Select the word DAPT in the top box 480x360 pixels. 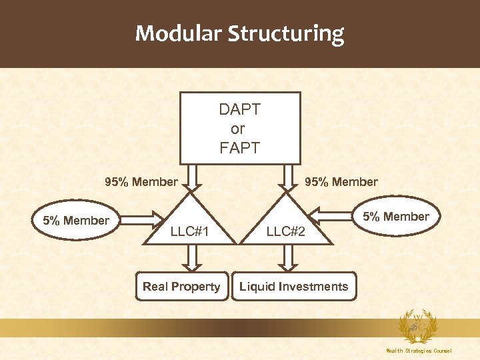pos(239,109)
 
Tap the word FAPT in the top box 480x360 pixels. pos(239,147)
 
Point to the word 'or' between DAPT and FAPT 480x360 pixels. pos(238,129)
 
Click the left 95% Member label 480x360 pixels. pos(141,181)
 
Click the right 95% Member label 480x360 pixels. pos(341,181)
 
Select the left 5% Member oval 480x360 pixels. pos(76,220)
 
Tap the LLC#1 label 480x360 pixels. pos(191,232)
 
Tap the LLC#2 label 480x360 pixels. pos(286,232)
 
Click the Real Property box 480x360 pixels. pos(181,287)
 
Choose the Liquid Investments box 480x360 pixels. pos(294,287)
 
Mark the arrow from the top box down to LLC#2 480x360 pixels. pos(288,177)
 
